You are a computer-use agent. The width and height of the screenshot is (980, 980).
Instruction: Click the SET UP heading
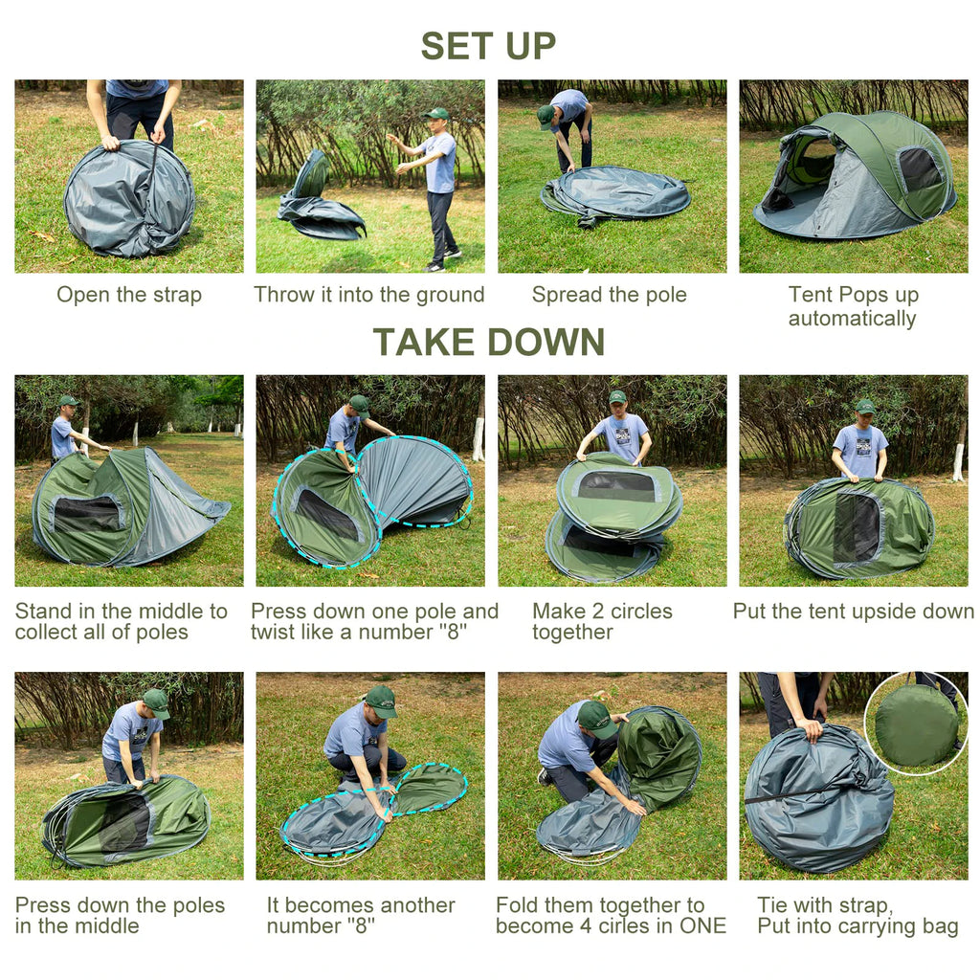click(x=488, y=46)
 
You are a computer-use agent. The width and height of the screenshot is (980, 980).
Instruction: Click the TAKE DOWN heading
click(x=488, y=342)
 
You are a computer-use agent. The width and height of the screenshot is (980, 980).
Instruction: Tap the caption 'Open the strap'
click(x=129, y=295)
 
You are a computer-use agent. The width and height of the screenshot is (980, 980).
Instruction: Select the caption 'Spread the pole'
click(x=610, y=295)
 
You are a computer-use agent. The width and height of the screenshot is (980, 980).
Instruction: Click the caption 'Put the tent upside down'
click(x=853, y=611)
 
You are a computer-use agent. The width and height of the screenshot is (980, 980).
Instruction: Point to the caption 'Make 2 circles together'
click(x=602, y=621)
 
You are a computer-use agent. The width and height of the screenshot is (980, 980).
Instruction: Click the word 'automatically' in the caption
click(x=852, y=319)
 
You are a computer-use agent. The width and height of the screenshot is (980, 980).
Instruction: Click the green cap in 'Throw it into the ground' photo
click(x=437, y=114)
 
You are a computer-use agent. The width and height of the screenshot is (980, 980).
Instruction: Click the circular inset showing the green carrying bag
click(x=916, y=724)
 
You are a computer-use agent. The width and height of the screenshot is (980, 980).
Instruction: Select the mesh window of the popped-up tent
click(x=920, y=169)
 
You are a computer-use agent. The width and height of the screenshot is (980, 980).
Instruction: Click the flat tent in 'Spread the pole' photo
click(x=615, y=193)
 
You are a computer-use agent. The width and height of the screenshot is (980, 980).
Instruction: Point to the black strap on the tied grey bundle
click(x=804, y=791)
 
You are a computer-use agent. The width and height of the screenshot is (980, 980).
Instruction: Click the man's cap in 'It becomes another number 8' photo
click(x=381, y=701)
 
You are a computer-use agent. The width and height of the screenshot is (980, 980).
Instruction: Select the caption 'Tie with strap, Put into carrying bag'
click(x=857, y=915)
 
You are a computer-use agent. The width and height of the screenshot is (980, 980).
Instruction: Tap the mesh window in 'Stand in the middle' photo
click(x=87, y=514)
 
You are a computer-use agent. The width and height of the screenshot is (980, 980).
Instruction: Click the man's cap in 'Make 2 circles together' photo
click(x=617, y=397)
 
